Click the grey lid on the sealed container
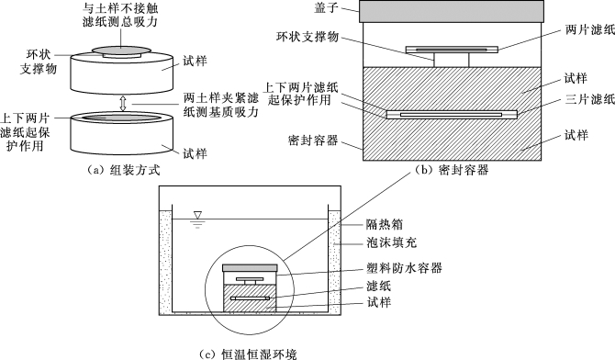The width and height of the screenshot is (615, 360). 452,11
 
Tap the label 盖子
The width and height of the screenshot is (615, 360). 327,8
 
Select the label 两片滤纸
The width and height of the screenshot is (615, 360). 590,29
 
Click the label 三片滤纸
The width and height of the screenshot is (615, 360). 590,99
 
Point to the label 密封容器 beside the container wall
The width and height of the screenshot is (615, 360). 313,141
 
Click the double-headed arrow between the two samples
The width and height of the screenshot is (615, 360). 123,103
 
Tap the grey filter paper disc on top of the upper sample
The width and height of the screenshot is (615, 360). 121,50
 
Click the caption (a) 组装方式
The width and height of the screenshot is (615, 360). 123,171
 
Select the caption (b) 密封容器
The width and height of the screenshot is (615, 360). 453,170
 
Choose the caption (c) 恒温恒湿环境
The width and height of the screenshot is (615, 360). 248,354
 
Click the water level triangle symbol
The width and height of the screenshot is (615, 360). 197,215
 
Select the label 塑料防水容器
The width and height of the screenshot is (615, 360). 404,268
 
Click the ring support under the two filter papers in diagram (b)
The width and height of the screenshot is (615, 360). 452,60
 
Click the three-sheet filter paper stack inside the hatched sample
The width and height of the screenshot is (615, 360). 452,115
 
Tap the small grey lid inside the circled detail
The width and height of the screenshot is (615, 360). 250,268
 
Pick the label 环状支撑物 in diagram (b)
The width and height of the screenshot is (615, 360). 307,37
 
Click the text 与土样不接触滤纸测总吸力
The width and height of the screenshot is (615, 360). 120,15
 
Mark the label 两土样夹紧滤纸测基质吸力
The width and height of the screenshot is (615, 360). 221,105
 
